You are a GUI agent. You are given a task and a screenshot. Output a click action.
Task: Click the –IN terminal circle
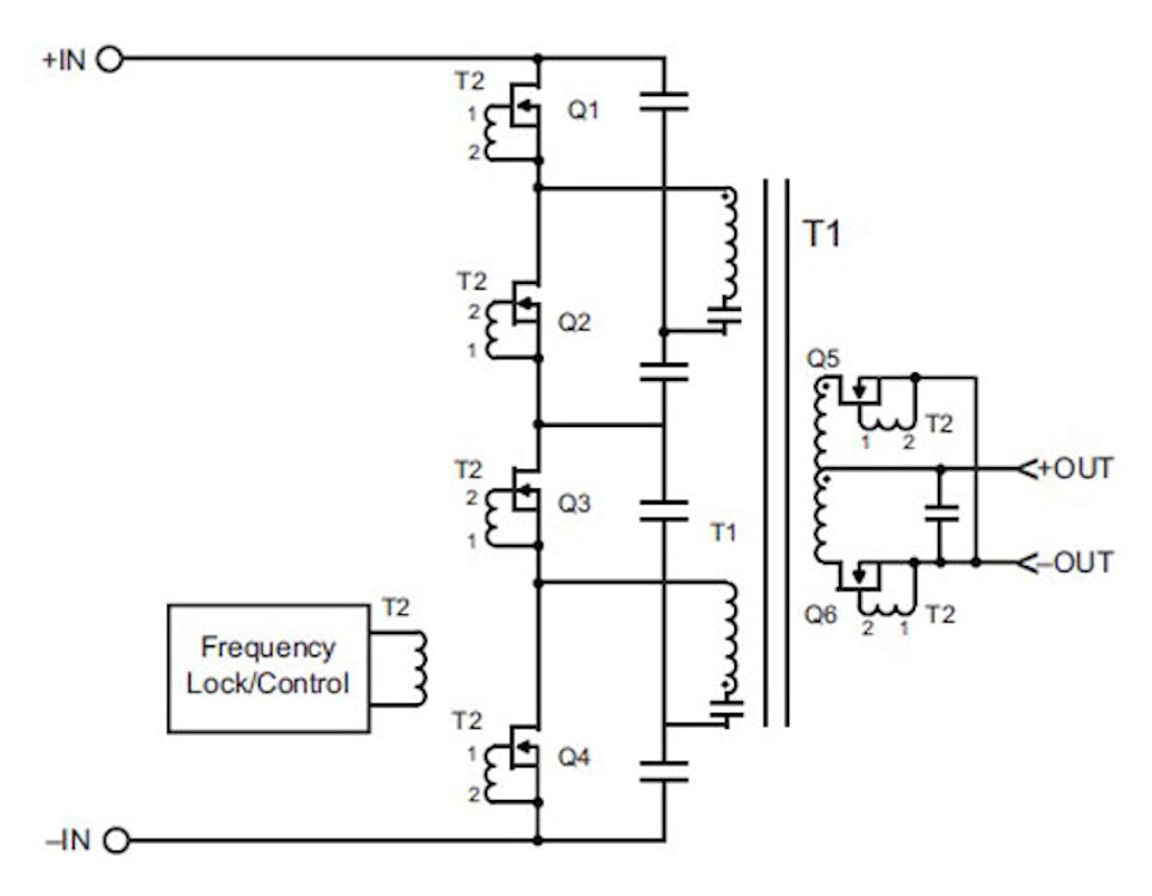tap(115, 841)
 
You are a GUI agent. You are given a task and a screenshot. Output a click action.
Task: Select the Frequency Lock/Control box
tap(268, 668)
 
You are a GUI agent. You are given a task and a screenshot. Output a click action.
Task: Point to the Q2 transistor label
tap(575, 322)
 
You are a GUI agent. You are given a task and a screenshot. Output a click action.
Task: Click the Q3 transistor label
tap(575, 504)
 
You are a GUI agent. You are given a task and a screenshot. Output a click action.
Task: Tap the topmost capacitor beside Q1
tap(663, 102)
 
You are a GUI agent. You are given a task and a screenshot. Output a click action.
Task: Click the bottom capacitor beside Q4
tap(663, 771)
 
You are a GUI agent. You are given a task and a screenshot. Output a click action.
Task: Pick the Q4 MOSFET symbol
tap(523, 755)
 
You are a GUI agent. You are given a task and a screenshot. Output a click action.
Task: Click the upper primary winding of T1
tap(730, 245)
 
